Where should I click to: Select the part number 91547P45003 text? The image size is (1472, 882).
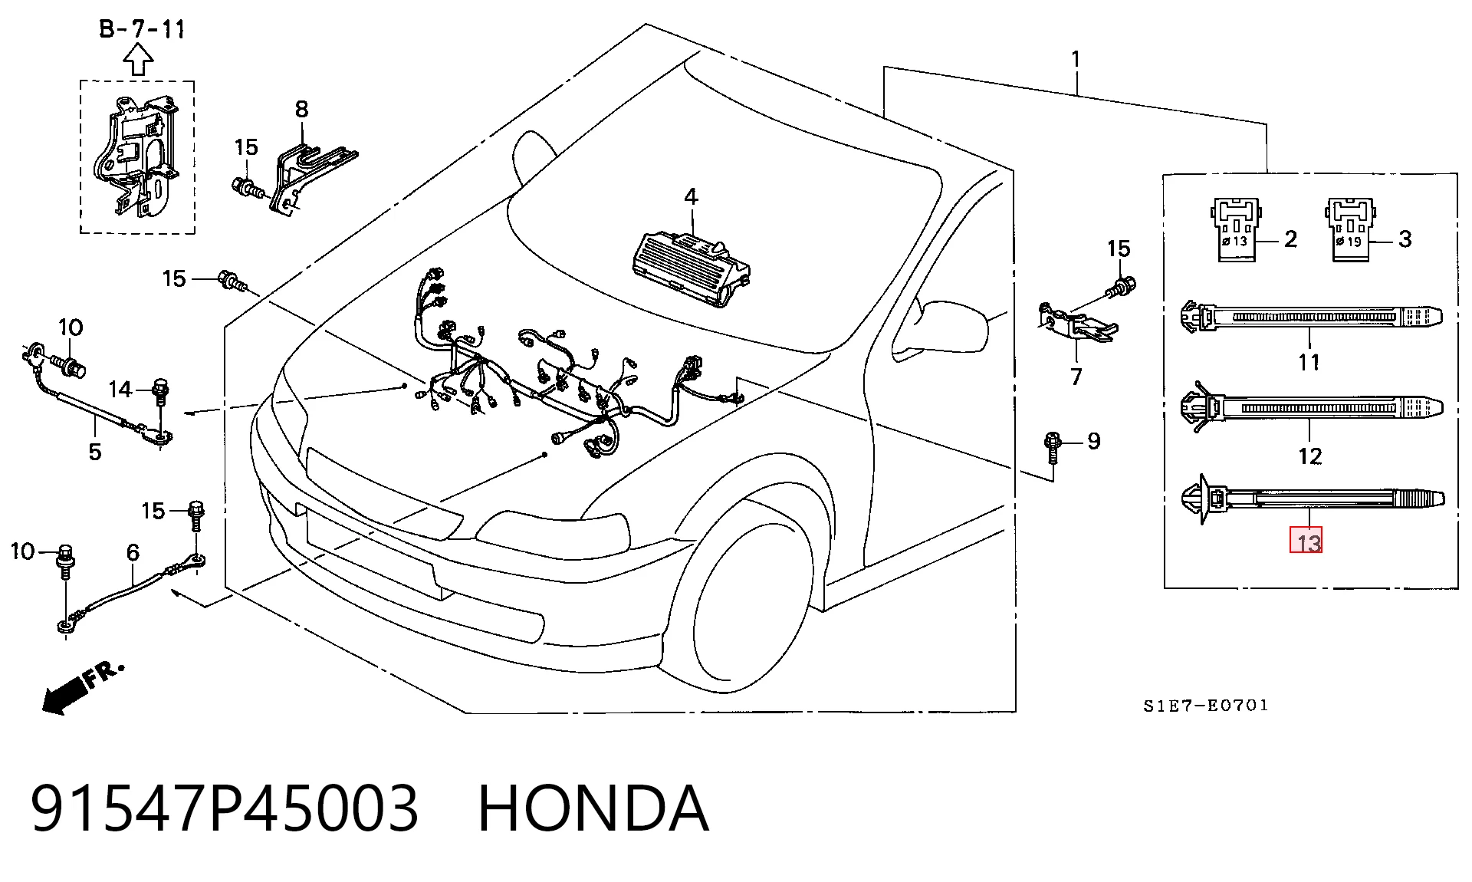click(225, 808)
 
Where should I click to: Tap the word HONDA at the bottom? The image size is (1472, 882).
click(593, 808)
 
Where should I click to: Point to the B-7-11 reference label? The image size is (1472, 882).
click(142, 30)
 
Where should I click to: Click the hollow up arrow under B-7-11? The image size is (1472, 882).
click(138, 60)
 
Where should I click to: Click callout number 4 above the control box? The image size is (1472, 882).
click(691, 197)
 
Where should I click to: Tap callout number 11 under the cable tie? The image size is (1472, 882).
click(1309, 361)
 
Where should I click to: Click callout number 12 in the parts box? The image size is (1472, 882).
click(1310, 456)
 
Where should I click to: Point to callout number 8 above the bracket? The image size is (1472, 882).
click(301, 110)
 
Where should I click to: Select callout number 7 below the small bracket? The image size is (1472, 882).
click(1076, 377)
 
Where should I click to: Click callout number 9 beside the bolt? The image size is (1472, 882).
click(1094, 441)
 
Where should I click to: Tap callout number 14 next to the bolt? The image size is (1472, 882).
click(120, 390)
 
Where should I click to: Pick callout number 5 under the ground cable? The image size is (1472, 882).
click(94, 452)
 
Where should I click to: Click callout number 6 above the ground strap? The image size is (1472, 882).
click(133, 552)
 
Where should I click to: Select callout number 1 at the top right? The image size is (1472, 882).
click(1076, 59)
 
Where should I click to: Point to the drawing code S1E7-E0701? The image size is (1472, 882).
click(1206, 706)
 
